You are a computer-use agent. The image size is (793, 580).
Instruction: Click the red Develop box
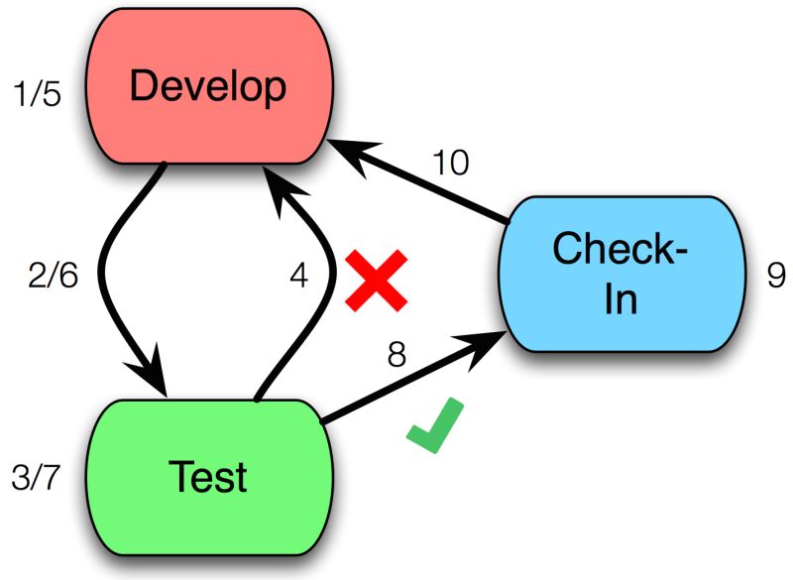click(x=207, y=87)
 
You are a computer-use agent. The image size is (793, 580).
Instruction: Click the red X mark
click(x=376, y=281)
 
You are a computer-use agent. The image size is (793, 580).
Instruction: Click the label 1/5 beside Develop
click(x=39, y=96)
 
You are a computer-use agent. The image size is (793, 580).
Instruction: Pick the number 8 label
click(x=396, y=354)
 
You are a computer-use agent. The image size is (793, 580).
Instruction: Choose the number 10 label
click(x=451, y=162)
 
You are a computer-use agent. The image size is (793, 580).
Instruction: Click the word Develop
click(x=207, y=87)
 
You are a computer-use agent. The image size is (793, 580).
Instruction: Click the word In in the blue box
click(x=621, y=297)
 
